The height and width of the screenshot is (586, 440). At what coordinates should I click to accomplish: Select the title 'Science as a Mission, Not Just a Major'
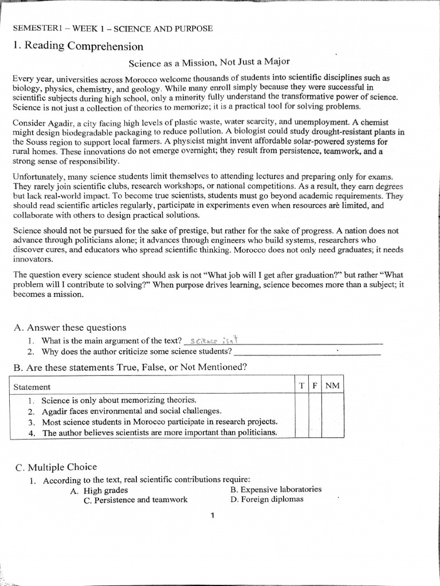click(209, 62)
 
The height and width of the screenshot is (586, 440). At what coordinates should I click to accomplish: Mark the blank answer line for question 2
click(307, 351)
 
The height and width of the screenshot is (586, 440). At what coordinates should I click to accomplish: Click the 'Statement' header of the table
click(32, 387)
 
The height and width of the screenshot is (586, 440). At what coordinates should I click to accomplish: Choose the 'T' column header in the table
click(301, 386)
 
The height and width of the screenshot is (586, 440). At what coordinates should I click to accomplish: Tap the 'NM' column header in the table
click(332, 386)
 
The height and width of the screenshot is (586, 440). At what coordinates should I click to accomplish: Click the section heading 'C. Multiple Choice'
click(56, 467)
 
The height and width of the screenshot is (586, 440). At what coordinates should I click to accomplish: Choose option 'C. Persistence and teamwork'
click(135, 500)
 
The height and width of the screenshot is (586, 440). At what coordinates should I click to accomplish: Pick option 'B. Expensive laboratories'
click(276, 489)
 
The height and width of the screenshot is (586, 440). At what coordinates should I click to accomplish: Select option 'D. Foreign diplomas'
click(266, 499)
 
